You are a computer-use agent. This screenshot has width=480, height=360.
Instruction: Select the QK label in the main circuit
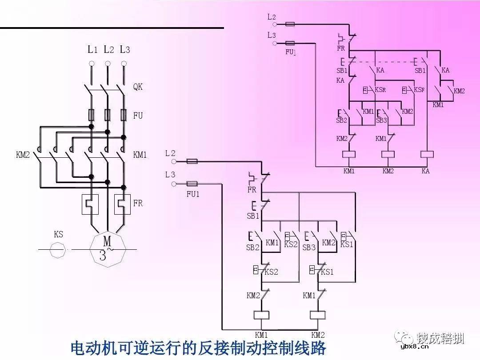pyautogui.click(x=138, y=87)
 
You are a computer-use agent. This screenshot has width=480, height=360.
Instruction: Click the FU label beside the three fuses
pyautogui.click(x=138, y=116)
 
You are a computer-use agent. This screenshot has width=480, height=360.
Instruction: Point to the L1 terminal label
pyautogui.click(x=92, y=50)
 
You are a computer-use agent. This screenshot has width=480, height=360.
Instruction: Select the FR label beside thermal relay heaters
pyautogui.click(x=138, y=203)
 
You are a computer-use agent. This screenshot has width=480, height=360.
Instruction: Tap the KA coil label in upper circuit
pyautogui.click(x=425, y=171)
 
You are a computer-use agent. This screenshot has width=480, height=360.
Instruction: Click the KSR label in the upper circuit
pyautogui.click(x=380, y=90)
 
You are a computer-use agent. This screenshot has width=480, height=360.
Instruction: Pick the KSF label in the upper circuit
pyautogui.click(x=419, y=90)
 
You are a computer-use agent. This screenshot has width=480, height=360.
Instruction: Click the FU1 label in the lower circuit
pyautogui.click(x=193, y=194)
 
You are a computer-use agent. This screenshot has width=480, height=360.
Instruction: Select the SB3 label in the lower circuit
pyautogui.click(x=308, y=248)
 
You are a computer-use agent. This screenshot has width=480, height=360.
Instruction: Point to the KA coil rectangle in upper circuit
pyautogui.click(x=427, y=154)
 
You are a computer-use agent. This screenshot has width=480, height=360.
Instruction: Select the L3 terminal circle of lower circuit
pyautogui.click(x=174, y=183)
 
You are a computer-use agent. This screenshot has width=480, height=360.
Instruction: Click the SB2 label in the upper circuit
pyautogui.click(x=341, y=120)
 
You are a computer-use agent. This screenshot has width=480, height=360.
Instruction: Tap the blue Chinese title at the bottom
pyautogui.click(x=198, y=348)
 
